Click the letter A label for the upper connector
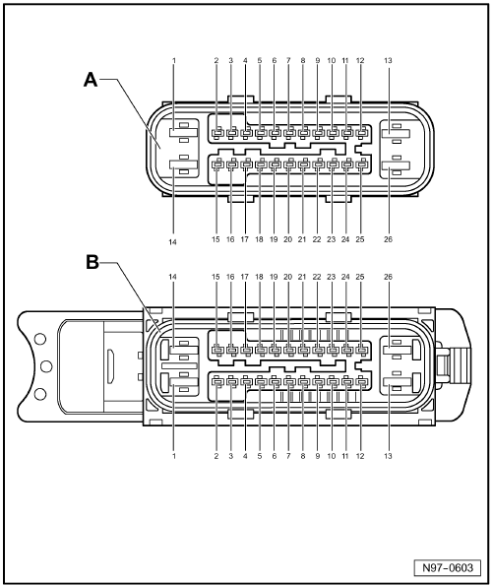91,80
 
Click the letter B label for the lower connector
92,262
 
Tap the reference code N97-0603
448,567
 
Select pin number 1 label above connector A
173,60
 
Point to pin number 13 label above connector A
389,60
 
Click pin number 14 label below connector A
172,242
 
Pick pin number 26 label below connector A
389,239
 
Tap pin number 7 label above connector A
288,60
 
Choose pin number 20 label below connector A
287,239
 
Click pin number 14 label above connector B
172,277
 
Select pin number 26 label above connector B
389,277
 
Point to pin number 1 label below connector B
173,456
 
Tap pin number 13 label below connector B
389,456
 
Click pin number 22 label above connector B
317,277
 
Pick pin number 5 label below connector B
260,456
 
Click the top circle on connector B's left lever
40,340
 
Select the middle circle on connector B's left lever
45,366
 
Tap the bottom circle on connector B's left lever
40,394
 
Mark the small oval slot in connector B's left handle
110,366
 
